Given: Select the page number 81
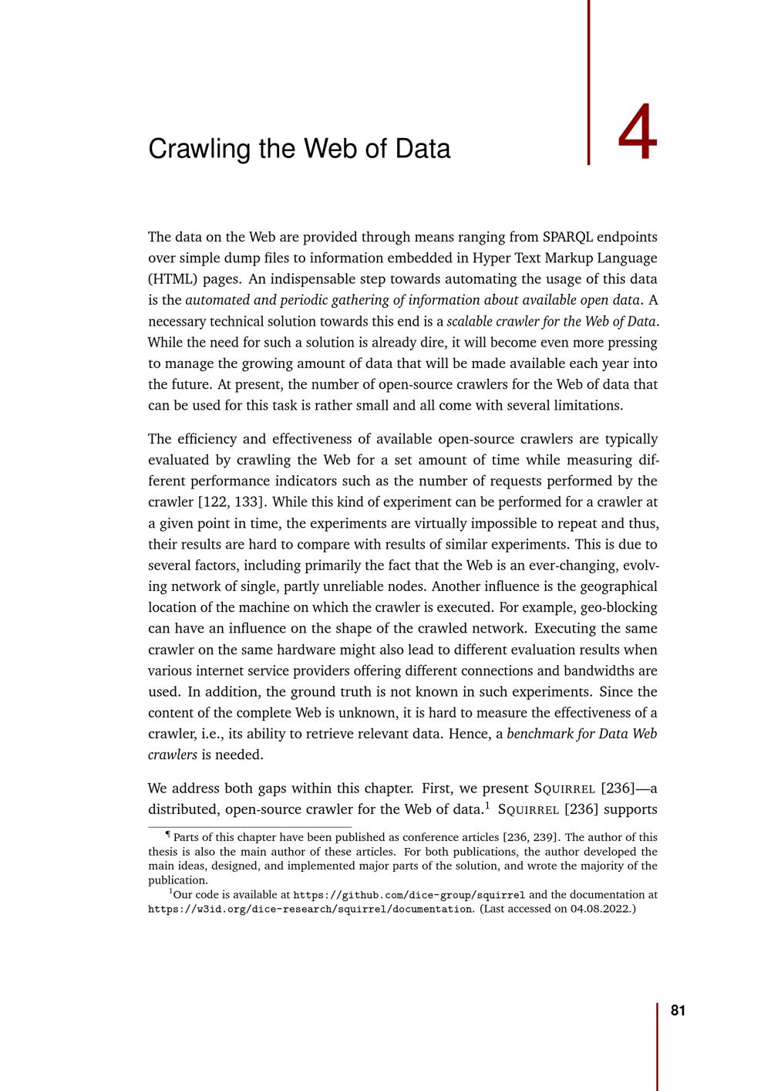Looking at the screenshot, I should [678, 1012].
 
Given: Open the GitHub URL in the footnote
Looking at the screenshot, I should [409, 895].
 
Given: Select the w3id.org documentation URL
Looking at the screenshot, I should [310, 909].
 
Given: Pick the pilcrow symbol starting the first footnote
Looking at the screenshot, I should [168, 834].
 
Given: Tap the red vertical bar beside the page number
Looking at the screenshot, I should [658, 1046].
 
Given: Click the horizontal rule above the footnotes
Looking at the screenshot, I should [250, 827].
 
